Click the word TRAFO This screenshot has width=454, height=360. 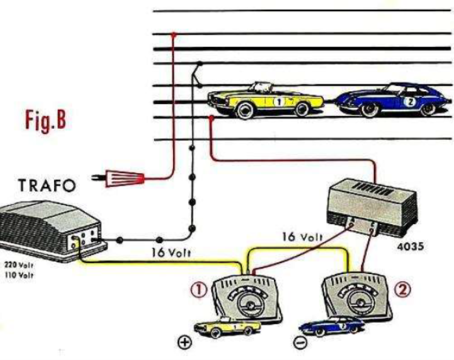pyautogui.click(x=47, y=186)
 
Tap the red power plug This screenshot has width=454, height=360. pyautogui.click(x=124, y=178)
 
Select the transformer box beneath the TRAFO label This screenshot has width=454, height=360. pyautogui.click(x=50, y=225)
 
